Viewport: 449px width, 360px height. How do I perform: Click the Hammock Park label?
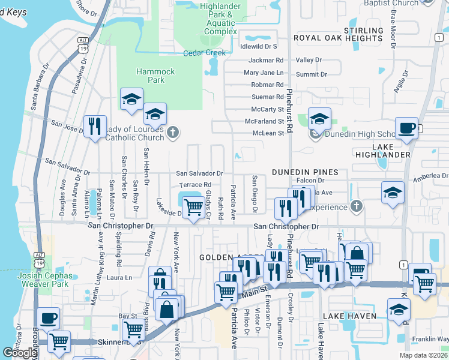coord(155,76)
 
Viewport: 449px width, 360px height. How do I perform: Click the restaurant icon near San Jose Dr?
coord(95,126)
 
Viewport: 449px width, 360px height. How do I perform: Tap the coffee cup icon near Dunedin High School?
coord(407,128)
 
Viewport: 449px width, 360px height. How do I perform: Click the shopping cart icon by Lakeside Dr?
coord(193,207)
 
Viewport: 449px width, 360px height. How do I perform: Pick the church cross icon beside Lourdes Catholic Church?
coord(173,133)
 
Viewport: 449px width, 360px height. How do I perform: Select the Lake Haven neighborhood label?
coord(349,316)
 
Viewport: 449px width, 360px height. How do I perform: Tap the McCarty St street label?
coord(268,109)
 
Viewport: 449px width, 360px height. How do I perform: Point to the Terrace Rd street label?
coord(196,185)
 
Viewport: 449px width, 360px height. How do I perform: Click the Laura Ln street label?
coord(119,278)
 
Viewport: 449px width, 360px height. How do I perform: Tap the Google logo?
coord(20,353)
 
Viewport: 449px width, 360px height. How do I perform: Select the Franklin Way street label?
coord(430,340)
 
